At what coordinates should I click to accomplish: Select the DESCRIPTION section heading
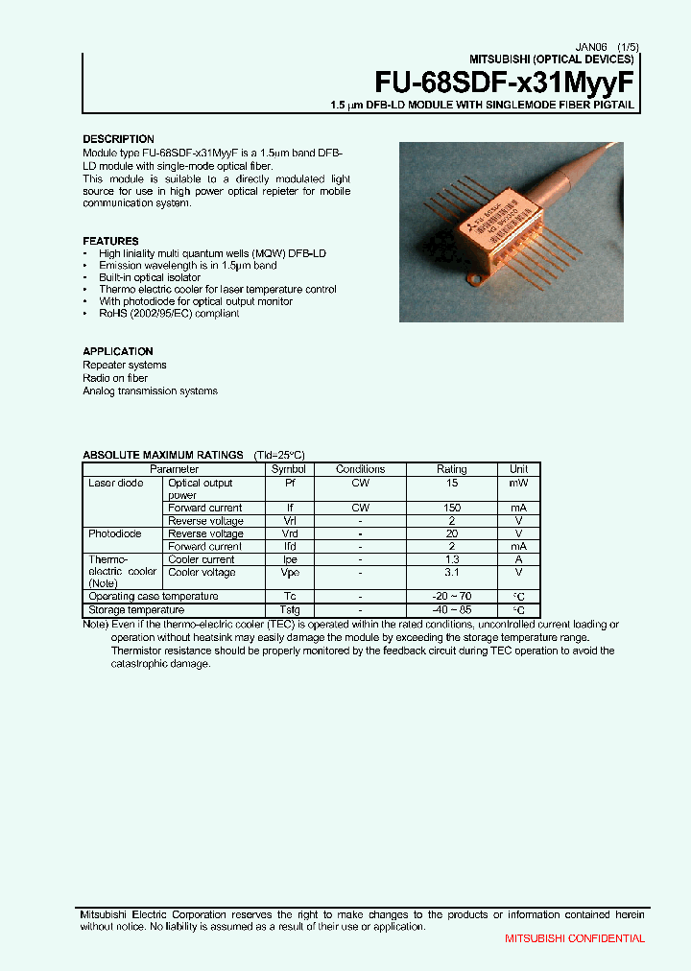(118, 139)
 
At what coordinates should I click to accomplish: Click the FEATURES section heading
(110, 241)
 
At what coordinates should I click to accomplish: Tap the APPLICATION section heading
(118, 351)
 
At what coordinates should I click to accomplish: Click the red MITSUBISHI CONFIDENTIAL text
(575, 938)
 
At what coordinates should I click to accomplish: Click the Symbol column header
(288, 469)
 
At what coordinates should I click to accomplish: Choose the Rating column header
(452, 469)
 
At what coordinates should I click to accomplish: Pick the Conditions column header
(360, 469)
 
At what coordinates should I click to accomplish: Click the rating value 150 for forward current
(452, 508)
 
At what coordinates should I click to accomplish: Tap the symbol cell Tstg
(288, 609)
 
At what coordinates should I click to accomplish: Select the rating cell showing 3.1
(452, 572)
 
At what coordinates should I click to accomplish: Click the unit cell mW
(518, 483)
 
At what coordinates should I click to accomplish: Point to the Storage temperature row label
(136, 609)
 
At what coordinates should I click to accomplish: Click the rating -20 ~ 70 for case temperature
(452, 596)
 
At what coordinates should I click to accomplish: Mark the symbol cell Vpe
(288, 572)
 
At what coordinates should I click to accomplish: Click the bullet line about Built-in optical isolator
(150, 277)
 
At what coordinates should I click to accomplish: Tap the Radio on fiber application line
(117, 378)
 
